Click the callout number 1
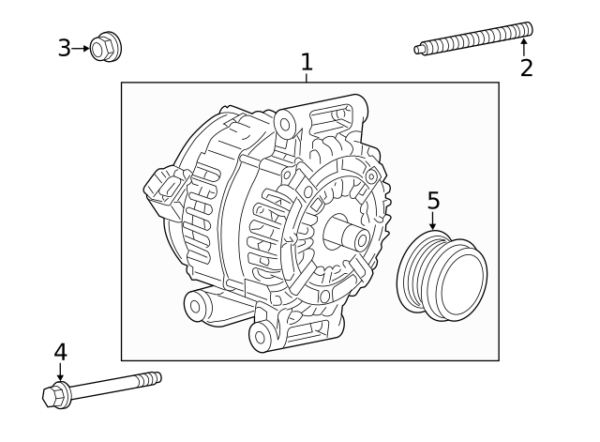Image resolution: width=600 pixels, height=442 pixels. point(306,62)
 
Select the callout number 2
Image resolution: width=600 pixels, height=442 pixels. point(526,68)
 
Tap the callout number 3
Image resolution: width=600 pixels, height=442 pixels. point(64,47)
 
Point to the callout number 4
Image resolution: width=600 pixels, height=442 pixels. point(60,352)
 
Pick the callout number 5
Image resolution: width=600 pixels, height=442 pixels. point(433,200)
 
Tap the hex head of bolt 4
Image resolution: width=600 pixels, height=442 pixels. point(56,394)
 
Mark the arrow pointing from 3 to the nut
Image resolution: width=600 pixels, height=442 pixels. point(82,46)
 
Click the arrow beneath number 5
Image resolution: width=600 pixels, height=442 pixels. point(433,222)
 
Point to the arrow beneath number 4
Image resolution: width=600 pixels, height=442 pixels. point(60,372)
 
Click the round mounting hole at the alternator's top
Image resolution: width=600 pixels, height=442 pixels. point(286,122)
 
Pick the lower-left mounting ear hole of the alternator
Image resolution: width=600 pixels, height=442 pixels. point(196,304)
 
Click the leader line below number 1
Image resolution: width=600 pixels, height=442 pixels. point(306,78)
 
